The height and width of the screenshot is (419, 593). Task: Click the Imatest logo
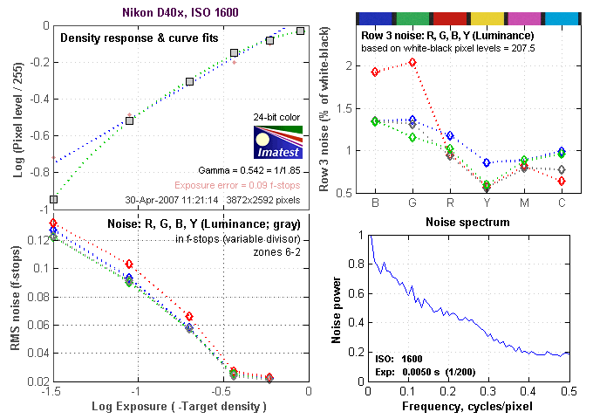277,141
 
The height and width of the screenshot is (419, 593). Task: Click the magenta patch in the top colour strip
523,17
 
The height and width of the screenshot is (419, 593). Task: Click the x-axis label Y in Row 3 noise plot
487,203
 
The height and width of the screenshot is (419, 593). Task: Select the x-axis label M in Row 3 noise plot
524,203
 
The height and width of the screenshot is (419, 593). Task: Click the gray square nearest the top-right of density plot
300,31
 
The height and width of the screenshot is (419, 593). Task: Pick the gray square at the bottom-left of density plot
53,199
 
